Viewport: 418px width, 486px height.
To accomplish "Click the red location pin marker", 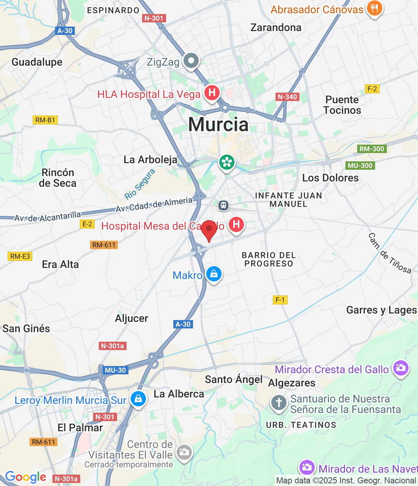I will [x=209, y=230].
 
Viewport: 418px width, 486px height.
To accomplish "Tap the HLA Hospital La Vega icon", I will [x=212, y=93].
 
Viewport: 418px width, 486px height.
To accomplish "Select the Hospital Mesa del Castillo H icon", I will [x=236, y=224].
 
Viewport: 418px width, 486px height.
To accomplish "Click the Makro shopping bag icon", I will [x=214, y=274].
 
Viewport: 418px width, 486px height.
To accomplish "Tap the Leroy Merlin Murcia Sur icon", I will [x=138, y=399].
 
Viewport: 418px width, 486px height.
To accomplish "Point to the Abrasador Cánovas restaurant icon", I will [x=374, y=8].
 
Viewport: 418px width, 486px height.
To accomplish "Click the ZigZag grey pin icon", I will [x=191, y=61].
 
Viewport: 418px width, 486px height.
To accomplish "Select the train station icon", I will [x=223, y=205].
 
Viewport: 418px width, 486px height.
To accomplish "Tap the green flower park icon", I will [x=227, y=163].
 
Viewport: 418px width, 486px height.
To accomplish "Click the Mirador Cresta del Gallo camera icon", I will [x=401, y=368].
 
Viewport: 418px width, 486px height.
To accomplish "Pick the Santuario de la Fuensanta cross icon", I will [x=279, y=402].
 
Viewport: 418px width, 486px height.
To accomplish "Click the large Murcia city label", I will [x=218, y=125].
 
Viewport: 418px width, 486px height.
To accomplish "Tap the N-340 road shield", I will [x=287, y=97].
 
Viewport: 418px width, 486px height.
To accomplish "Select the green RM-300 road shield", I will [x=372, y=149].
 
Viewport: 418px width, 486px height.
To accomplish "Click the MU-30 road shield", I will [x=115, y=370].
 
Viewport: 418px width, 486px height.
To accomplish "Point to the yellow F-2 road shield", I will [x=372, y=89].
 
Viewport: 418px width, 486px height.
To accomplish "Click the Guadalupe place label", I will [x=37, y=62].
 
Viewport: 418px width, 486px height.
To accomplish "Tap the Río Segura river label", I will [x=140, y=185].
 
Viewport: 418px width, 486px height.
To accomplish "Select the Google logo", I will [x=25, y=477].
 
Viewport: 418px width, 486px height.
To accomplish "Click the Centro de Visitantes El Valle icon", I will [x=184, y=452].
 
